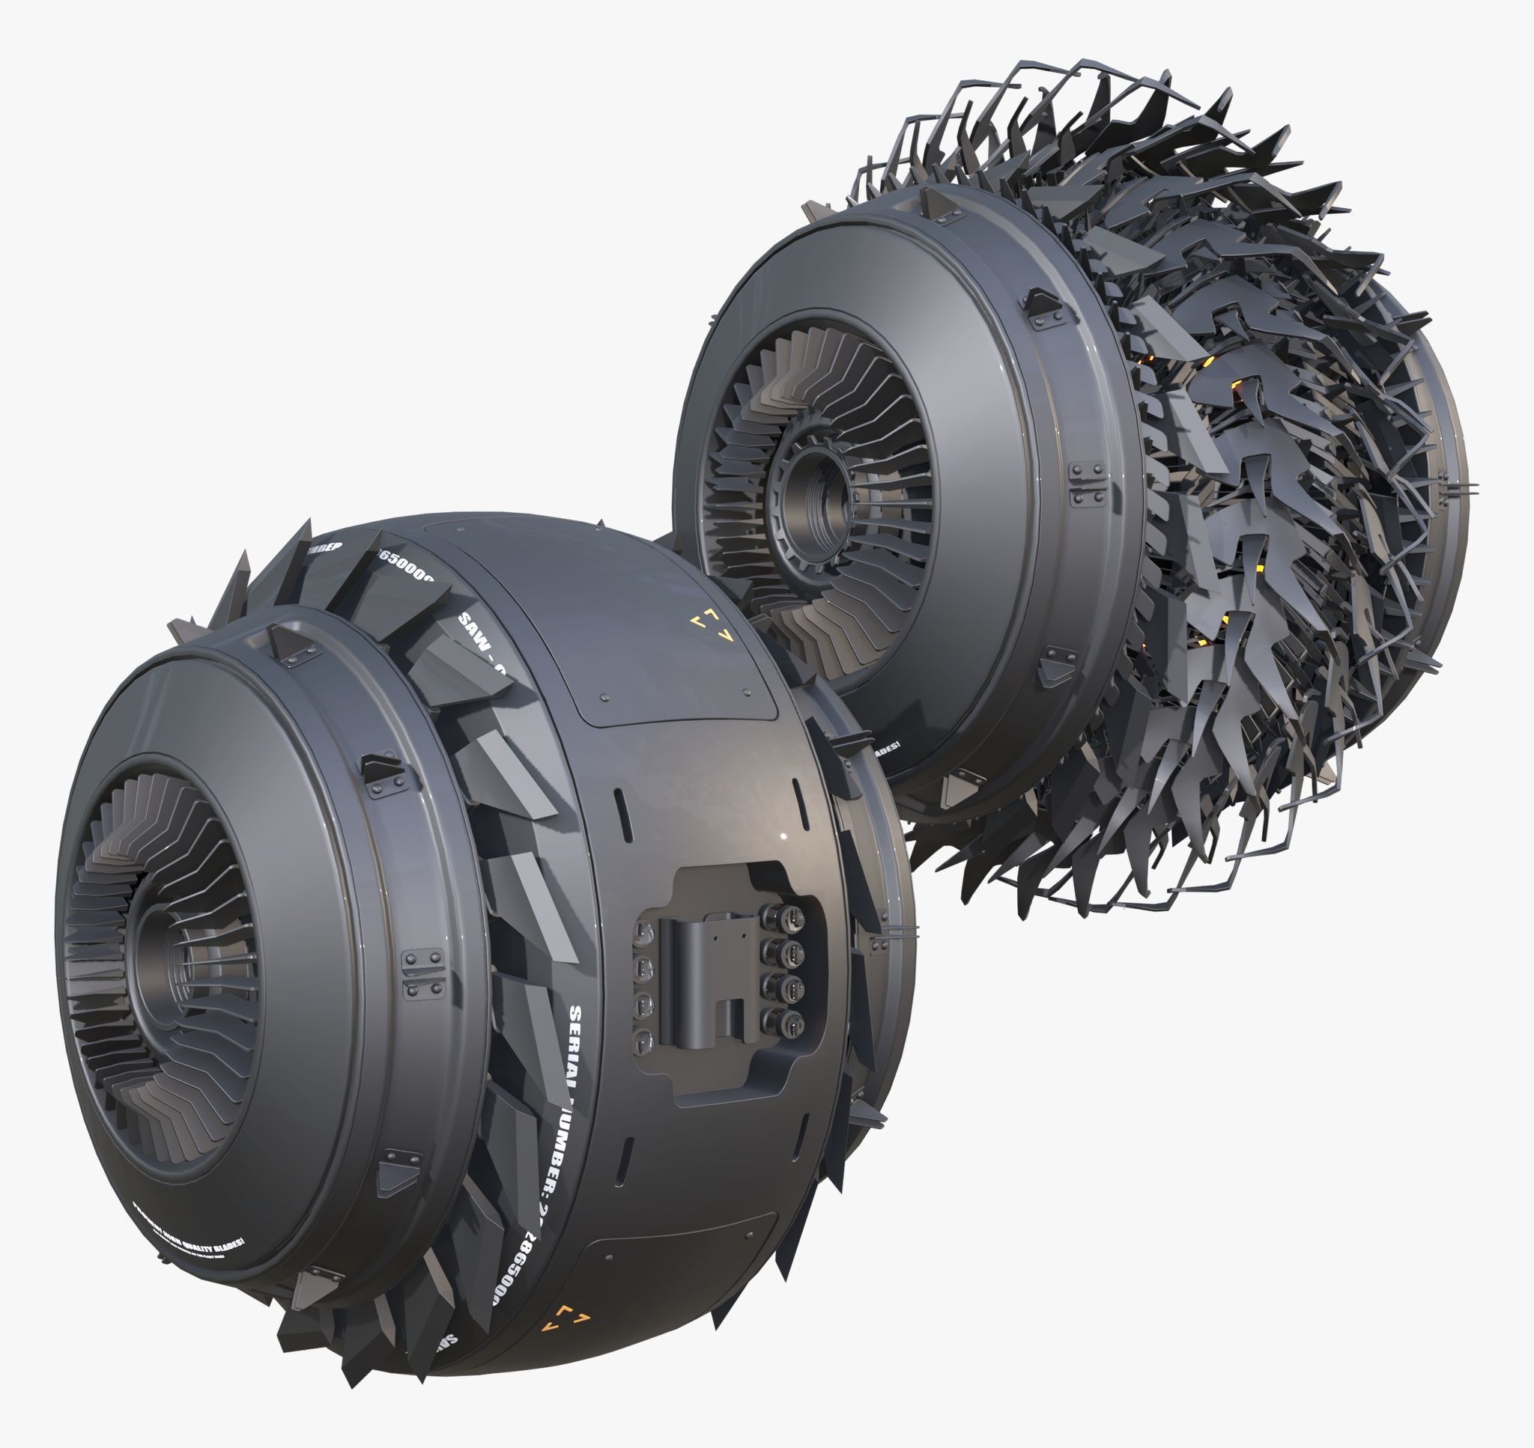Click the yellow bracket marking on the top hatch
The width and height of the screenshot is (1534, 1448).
(x=711, y=625)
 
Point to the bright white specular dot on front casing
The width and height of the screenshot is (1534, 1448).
(x=783, y=837)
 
